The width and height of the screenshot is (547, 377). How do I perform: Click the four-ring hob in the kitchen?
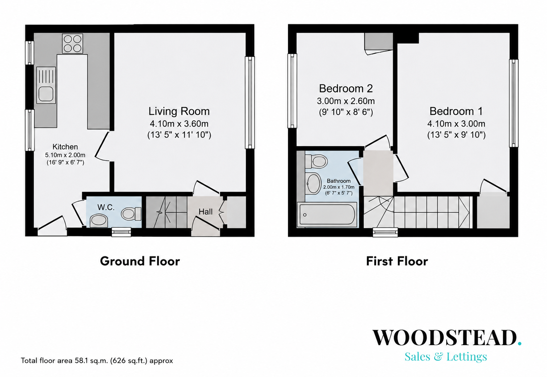72,43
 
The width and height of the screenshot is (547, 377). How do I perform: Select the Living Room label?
179,111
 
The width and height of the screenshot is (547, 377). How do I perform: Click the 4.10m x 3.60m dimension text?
179,124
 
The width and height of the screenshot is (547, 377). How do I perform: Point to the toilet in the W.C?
131,214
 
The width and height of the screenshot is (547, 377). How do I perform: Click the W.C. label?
106,207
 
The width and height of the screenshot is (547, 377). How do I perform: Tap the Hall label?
205,212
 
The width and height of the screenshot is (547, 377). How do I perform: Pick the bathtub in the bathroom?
327,215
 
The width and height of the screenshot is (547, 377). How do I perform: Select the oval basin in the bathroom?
313,184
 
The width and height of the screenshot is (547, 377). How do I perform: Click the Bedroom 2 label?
346,89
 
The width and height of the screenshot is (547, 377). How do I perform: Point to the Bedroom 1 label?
456,111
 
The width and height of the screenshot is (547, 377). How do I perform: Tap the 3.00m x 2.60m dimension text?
346,101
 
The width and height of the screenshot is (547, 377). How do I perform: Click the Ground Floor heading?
140,261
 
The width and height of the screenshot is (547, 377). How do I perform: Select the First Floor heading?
397,261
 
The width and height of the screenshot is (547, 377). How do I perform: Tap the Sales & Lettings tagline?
446,356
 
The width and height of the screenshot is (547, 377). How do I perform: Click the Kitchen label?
65,147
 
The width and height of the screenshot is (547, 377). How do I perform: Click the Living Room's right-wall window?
250,102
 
